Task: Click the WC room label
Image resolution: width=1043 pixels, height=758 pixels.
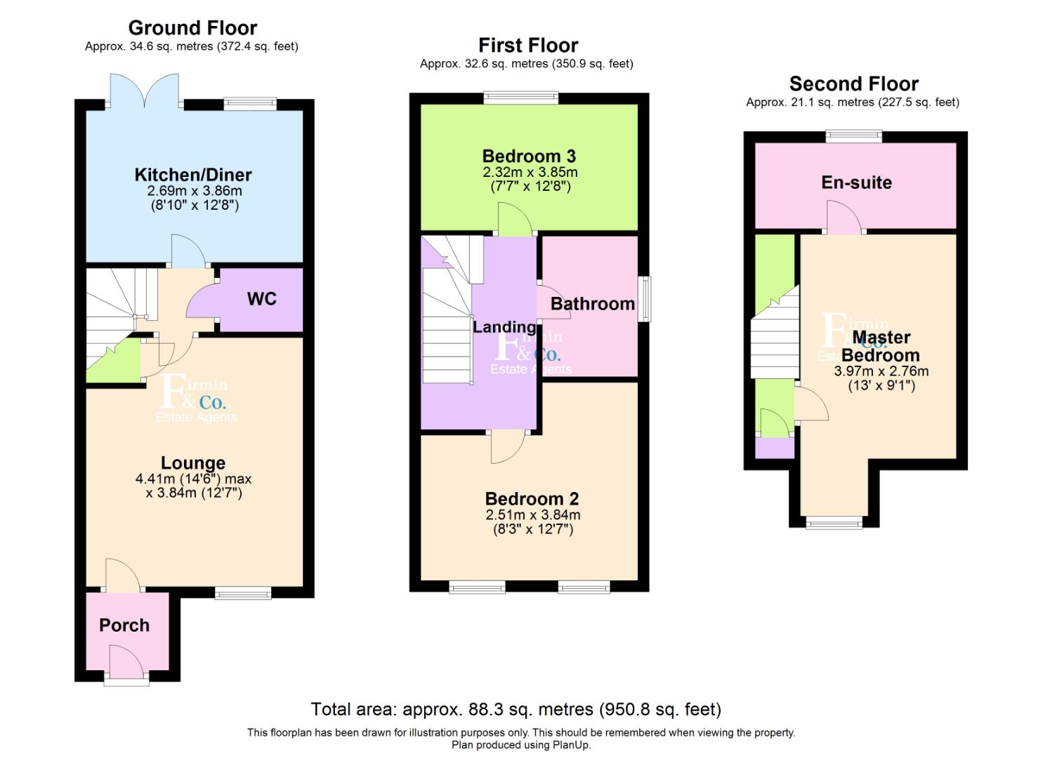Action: click(262, 299)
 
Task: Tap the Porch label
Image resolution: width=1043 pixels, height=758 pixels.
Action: click(124, 625)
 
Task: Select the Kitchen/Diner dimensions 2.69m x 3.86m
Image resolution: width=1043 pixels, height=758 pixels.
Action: click(195, 191)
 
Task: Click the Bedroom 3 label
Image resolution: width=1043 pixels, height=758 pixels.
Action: click(529, 156)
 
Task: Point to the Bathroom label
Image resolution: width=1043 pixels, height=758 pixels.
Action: click(593, 304)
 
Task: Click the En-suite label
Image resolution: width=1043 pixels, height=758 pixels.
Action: click(857, 182)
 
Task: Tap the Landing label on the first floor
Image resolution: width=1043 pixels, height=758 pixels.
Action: click(504, 327)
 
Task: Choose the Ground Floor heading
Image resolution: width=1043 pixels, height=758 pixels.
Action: click(192, 28)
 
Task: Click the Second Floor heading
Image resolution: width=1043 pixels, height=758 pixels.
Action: click(854, 84)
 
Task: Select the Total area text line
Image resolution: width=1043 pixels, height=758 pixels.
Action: click(516, 709)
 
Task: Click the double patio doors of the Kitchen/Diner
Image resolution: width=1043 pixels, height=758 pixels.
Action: click(145, 91)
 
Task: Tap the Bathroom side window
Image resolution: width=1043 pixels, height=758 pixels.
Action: click(645, 299)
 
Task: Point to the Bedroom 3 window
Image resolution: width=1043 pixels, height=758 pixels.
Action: click(521, 98)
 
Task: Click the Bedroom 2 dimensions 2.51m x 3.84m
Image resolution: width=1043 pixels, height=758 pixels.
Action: click(533, 515)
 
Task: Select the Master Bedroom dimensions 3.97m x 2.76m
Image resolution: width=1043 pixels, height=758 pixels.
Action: click(881, 371)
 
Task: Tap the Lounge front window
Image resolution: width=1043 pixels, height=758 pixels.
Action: click(243, 593)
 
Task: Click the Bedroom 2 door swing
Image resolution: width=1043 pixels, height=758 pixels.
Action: click(509, 446)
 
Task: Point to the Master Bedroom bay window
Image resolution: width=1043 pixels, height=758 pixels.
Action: click(834, 523)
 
